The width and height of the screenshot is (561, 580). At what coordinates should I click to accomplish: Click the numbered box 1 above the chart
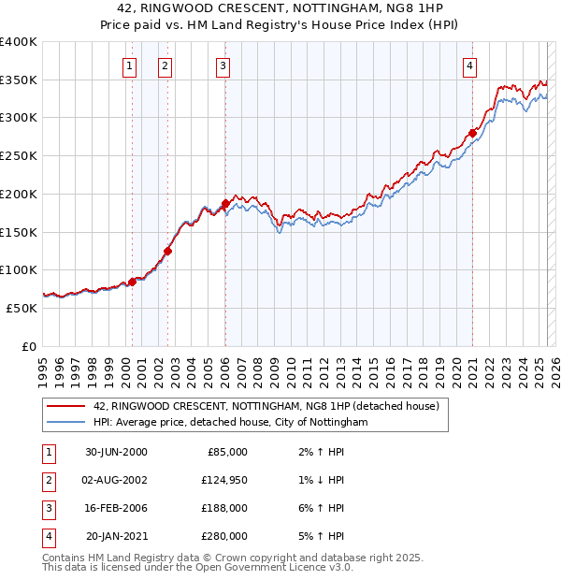pos(128,65)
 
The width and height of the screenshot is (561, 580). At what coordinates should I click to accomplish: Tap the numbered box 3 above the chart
pos(223,65)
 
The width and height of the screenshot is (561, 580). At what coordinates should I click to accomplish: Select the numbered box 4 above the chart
pos(469,65)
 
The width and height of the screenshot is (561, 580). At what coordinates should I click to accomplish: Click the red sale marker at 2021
pos(473,133)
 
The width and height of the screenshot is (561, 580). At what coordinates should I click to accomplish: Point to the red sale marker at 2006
pos(225,203)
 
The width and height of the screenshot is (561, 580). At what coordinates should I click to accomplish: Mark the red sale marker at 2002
pos(168,251)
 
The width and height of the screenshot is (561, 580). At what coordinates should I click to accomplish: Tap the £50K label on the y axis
pos(22,308)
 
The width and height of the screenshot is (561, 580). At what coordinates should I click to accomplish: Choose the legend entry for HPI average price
pos(231,423)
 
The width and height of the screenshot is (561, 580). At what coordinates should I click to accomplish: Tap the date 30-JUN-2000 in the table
pos(116,452)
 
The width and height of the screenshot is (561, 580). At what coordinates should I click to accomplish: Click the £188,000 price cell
pos(225,508)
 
